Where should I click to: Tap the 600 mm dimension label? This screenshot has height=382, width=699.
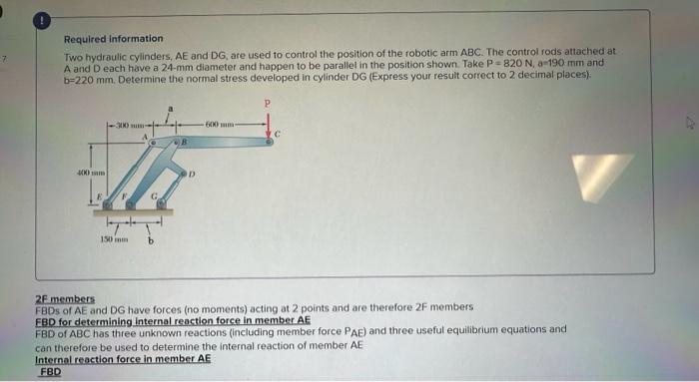point(220,124)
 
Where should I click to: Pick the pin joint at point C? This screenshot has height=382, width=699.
point(268,141)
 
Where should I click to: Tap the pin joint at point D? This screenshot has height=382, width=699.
point(186,173)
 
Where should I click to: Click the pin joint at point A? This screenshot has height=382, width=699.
point(152,143)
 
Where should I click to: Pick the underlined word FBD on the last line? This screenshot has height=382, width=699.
point(50,371)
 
